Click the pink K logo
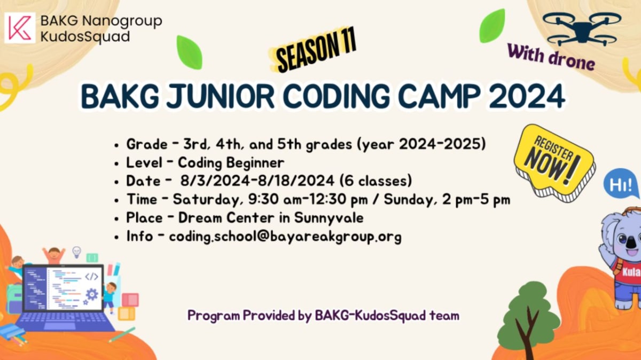pyautogui.click(x=20, y=28)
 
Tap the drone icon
pyautogui.click(x=582, y=29)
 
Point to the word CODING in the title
pyautogui.click(x=337, y=96)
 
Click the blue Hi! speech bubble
pyautogui.click(x=621, y=184)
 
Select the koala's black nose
pyautogui.click(x=631, y=242)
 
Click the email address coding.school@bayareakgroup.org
pyautogui.click(x=285, y=237)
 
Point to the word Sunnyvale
pyautogui.click(x=329, y=218)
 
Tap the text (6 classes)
pyautogui.click(x=376, y=181)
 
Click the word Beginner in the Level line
pyautogui.click(x=255, y=163)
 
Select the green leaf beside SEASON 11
pyautogui.click(x=190, y=52)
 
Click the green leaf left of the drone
pyautogui.click(x=493, y=26)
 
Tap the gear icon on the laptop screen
pyautogui.click(x=92, y=294)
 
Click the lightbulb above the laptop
pyautogui.click(x=76, y=252)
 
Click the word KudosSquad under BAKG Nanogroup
pyautogui.click(x=85, y=37)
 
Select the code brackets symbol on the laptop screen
pyautogui.click(x=91, y=277)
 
